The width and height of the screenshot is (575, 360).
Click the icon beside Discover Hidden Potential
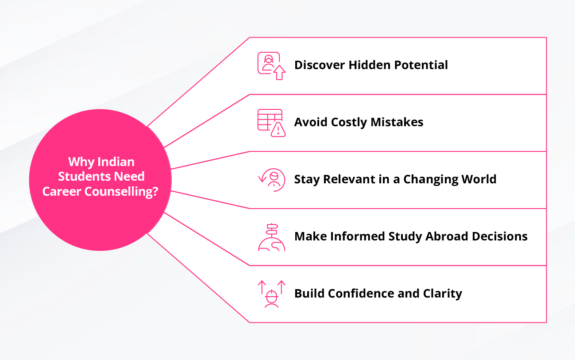click(271, 66)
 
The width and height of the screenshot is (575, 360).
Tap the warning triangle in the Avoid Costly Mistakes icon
click(278, 130)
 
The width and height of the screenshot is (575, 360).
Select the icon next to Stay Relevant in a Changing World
click(272, 180)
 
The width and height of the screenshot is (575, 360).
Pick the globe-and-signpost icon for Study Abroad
click(272, 237)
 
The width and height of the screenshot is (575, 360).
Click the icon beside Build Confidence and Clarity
click(272, 294)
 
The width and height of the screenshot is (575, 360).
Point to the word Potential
click(421, 65)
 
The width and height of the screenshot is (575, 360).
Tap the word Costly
click(349, 122)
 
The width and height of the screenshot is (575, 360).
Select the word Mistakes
click(397, 122)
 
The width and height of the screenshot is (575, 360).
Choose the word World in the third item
click(479, 179)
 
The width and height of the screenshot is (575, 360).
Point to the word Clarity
click(443, 294)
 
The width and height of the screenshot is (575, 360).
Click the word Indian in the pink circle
click(116, 162)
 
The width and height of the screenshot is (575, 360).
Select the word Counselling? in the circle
click(121, 192)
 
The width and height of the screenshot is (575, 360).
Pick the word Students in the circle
click(84, 176)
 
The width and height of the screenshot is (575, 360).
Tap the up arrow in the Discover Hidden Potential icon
click(279, 73)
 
